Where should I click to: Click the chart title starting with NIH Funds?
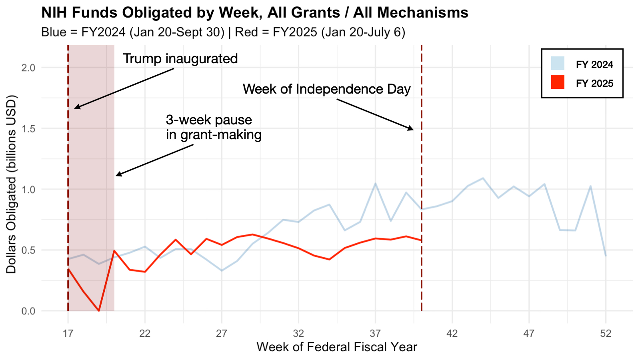255,13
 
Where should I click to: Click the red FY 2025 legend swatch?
558,82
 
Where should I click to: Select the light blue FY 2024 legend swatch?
558,64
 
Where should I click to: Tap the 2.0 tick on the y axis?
28,68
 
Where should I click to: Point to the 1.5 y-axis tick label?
28,128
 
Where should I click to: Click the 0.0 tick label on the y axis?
28,311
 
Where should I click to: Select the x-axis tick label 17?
68,333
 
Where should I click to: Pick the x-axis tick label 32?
298,333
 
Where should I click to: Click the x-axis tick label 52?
606,333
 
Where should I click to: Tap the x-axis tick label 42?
452,333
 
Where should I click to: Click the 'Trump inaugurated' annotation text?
180,59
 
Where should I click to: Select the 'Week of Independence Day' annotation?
326,89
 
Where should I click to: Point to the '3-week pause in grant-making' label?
214,127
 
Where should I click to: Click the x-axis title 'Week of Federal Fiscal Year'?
337,347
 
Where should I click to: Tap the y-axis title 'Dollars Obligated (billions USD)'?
11,184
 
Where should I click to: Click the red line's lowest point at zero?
99,310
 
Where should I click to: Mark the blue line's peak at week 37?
375,184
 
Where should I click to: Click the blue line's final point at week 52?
606,256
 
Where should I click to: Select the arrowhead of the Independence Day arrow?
412,129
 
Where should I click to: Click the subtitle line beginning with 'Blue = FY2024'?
223,32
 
